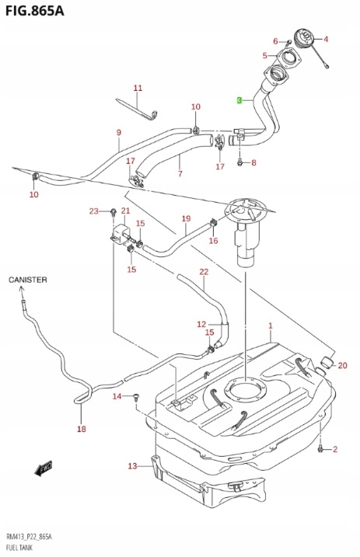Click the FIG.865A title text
[34, 11]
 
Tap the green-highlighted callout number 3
[239, 100]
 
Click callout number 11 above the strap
[138, 88]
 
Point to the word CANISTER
[28, 280]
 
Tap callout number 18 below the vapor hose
[82, 429]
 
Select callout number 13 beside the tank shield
[132, 465]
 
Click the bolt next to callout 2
[320, 450]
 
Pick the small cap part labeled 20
[327, 362]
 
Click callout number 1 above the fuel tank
[271, 325]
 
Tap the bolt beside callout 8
[240, 162]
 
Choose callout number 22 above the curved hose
[204, 272]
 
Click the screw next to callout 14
[136, 396]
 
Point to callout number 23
[93, 212]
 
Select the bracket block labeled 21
[121, 233]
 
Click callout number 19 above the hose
[186, 219]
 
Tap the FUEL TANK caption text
[19, 548]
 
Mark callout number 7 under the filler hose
[180, 174]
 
